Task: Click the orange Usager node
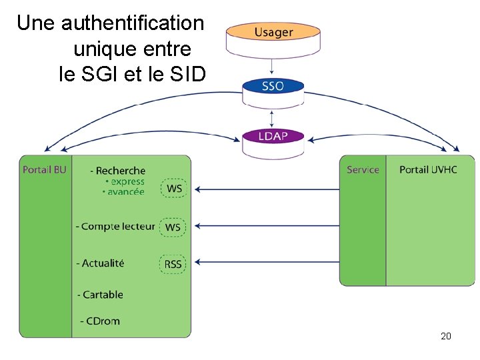pos(273,32)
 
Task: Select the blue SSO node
pos(273,86)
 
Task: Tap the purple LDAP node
pos(273,137)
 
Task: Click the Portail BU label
pos(45,170)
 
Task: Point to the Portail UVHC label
pos(428,170)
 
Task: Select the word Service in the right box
pos(363,170)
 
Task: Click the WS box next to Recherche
pos(174,189)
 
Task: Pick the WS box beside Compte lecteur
pos(173,227)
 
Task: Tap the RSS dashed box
pos(173,264)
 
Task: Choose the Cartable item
pos(102,295)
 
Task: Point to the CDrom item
pos(102,321)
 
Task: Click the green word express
pos(127,181)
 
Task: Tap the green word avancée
pos(126,192)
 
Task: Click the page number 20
pos(446,336)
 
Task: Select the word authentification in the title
pos(132,23)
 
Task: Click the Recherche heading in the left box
pos(120,171)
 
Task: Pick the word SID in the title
pos(189,75)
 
